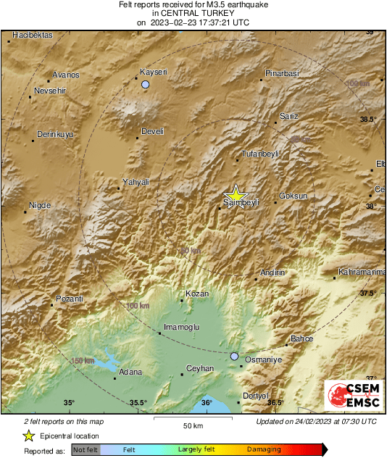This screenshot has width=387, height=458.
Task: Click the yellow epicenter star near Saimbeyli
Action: point(235,194)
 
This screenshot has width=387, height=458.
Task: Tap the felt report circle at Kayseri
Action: point(146,85)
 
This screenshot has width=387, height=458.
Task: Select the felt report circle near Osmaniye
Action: point(234,357)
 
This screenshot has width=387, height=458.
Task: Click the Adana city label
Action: point(130,372)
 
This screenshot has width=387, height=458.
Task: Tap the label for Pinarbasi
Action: point(282,74)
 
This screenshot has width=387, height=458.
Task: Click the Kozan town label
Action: point(197,293)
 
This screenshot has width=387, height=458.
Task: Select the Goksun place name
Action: point(293,196)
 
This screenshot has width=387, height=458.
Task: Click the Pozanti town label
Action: point(70,299)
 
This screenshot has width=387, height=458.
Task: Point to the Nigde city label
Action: point(39,206)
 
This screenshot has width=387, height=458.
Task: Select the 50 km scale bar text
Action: point(192,425)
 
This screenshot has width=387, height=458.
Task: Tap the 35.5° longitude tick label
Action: point(138,403)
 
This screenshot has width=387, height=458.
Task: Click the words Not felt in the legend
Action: point(85,450)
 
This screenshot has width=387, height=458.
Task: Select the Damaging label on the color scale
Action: point(264,450)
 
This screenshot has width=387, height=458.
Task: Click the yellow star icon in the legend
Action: point(28,436)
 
